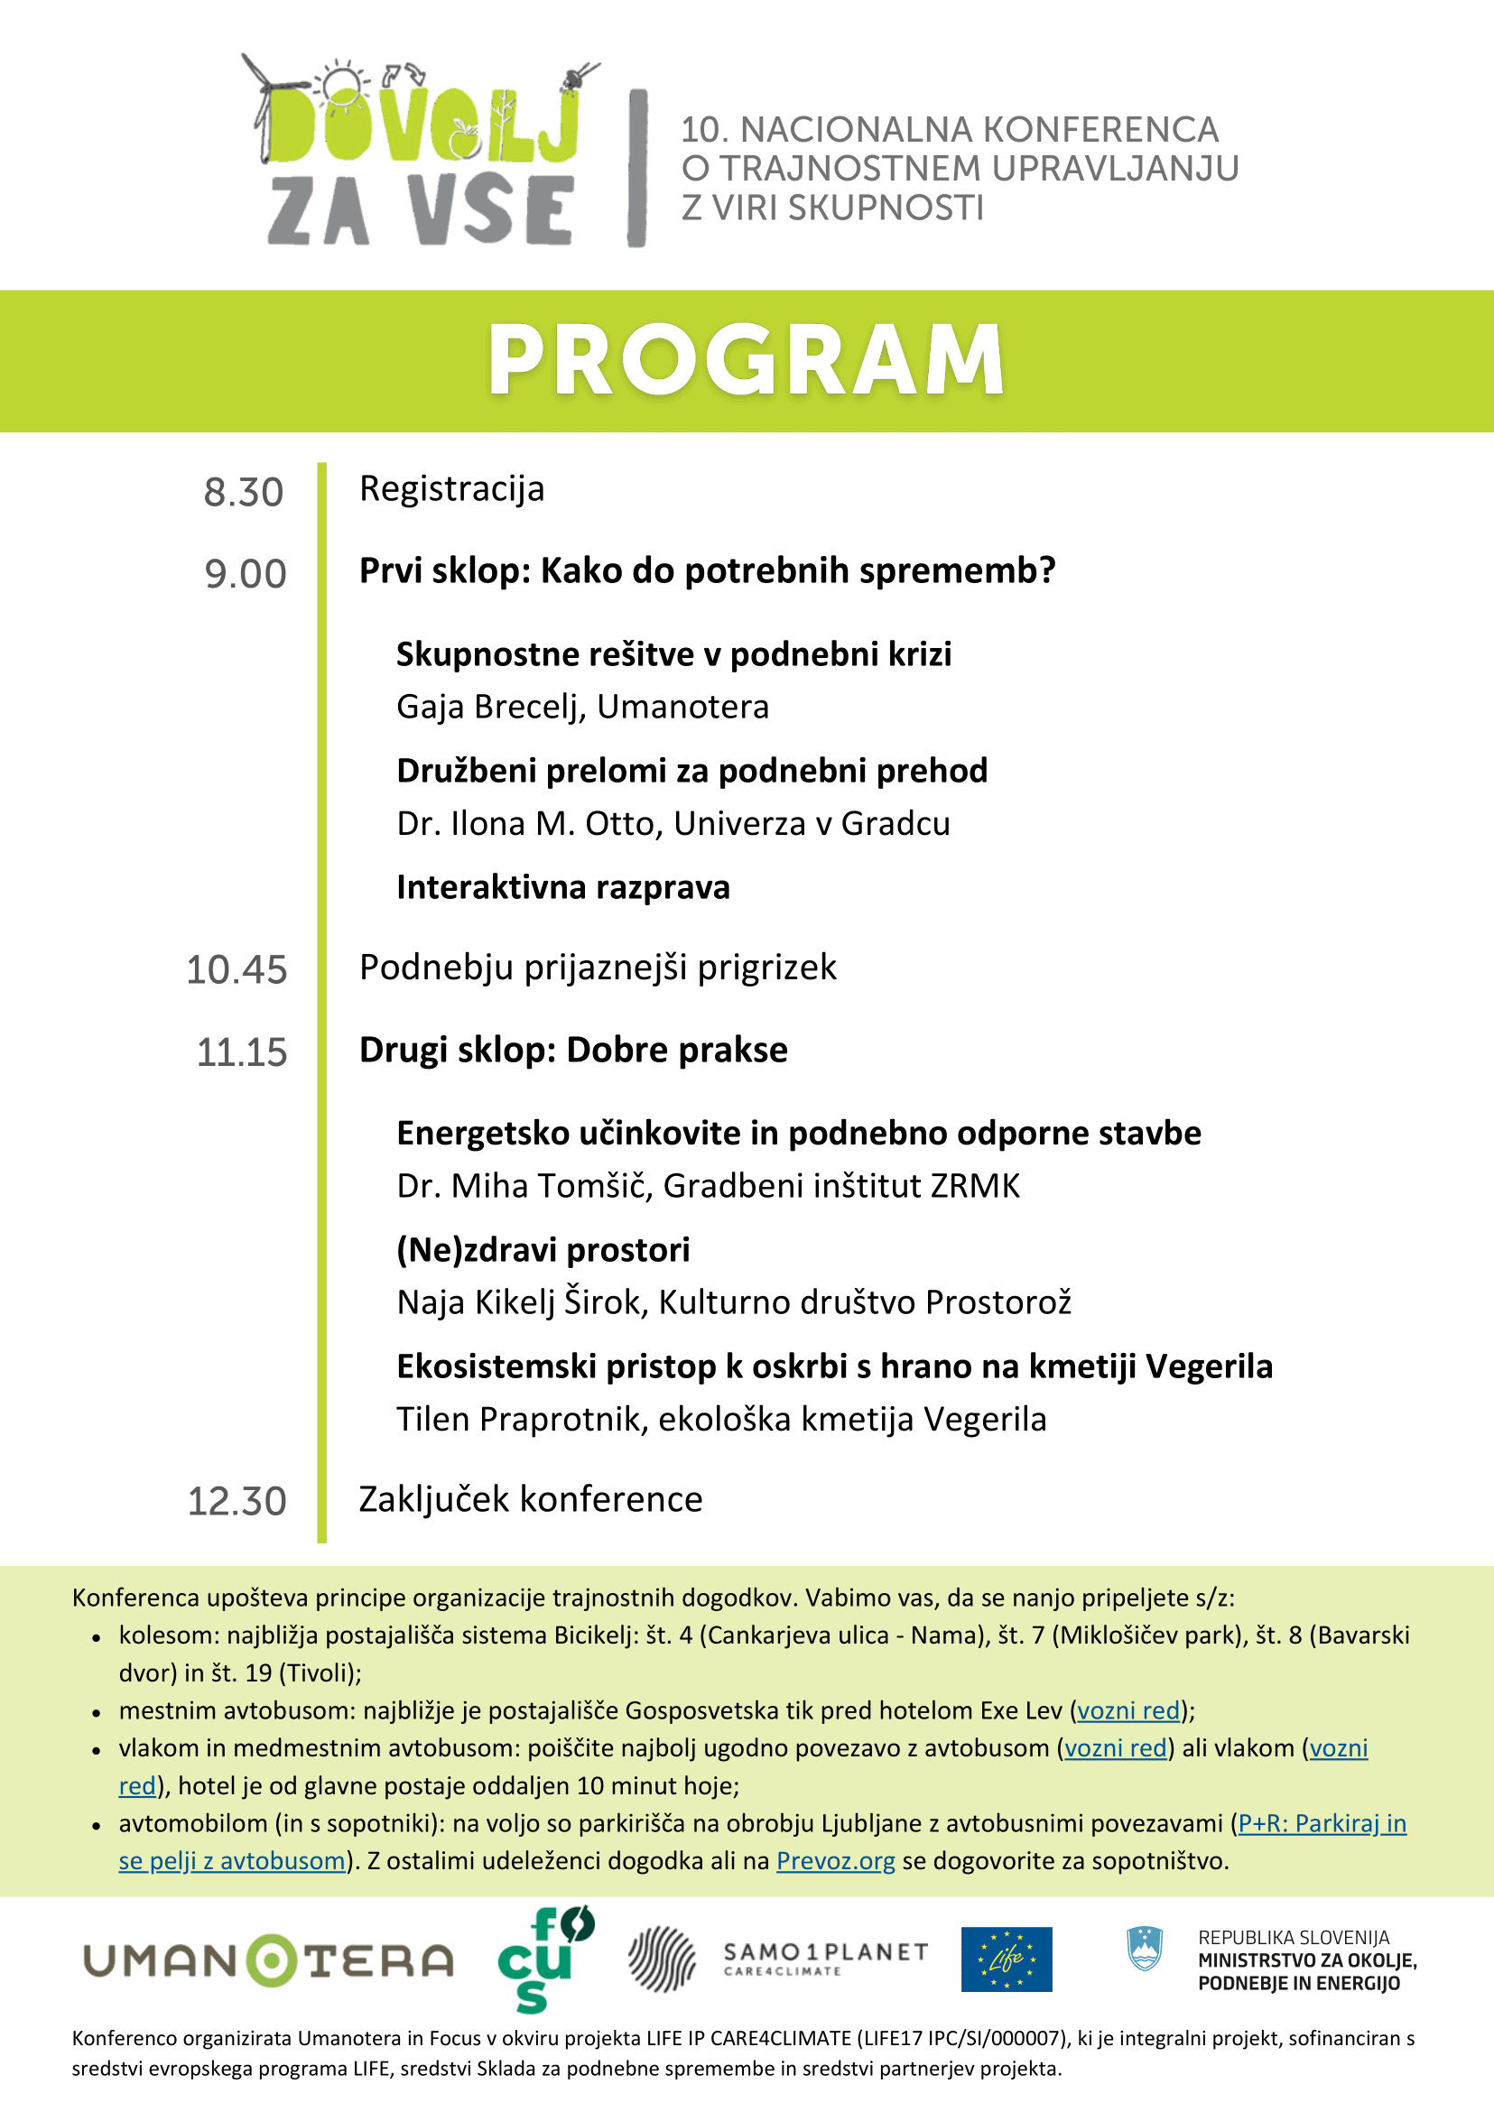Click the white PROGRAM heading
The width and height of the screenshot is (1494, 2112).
click(746, 361)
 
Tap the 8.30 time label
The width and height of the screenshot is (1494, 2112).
click(244, 492)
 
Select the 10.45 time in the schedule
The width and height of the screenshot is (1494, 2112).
click(237, 969)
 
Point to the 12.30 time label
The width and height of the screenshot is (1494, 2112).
click(237, 1501)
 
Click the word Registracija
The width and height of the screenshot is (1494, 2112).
click(451, 488)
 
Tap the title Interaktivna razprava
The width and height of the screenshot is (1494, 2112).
click(563, 886)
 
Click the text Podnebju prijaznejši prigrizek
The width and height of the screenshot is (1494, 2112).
click(598, 967)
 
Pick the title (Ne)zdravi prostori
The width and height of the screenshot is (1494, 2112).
click(543, 1249)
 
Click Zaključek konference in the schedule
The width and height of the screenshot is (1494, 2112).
click(531, 1498)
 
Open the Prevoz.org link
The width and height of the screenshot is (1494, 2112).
click(835, 1861)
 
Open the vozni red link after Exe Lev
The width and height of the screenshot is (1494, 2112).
click(1127, 1710)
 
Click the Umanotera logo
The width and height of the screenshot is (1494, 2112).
click(269, 1961)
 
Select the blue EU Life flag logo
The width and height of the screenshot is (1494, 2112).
click(1007, 1959)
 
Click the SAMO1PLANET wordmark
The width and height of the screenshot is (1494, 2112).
click(825, 1953)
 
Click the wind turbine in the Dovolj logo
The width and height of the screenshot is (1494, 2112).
click(261, 101)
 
